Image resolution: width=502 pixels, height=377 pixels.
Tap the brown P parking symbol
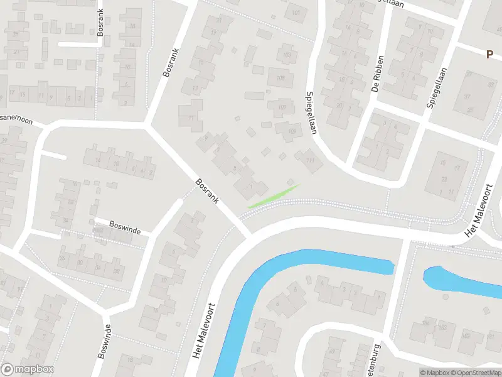click(489, 54)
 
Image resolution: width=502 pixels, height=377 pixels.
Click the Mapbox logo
click(28, 369)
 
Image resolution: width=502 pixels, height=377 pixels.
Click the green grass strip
click(274, 195)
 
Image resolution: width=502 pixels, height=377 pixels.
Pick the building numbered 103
click(287, 55)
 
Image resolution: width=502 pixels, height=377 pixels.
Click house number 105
click(280, 78)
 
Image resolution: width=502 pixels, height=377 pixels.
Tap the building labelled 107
click(282, 107)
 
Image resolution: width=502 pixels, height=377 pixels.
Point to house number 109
click(292, 130)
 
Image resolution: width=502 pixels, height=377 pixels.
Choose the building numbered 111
click(309, 160)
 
